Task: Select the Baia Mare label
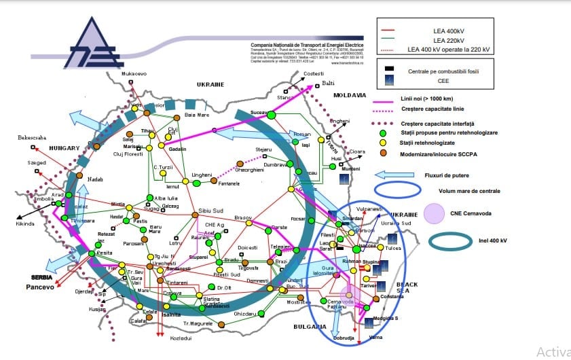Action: [x=198, y=115]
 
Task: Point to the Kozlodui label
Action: [x=180, y=338]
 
